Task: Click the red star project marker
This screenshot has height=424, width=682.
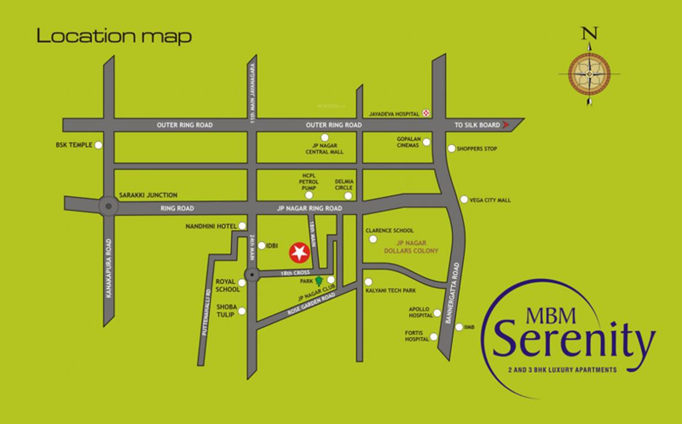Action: pos(299,252)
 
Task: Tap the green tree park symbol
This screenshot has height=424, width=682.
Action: pos(319,280)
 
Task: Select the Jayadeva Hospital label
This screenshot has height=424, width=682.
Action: pos(394,114)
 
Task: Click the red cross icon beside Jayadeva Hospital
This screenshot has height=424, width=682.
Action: pos(426,113)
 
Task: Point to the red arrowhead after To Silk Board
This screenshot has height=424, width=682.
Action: pos(505,125)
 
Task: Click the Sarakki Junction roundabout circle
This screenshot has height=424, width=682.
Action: pos(108,206)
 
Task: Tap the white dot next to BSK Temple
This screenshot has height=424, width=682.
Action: pos(98,145)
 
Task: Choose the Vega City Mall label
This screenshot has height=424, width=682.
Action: pos(490,200)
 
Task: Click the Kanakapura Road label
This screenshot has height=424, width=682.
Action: pos(109,268)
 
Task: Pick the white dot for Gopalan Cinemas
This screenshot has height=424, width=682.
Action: pos(426,142)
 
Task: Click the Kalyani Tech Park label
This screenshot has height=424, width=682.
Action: pos(390,290)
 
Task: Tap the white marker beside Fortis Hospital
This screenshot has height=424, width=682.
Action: pos(434,337)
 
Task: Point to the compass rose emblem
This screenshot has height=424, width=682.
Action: pos(589,74)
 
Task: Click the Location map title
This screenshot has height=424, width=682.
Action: pos(114,36)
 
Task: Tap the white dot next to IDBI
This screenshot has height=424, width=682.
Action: pos(261,246)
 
